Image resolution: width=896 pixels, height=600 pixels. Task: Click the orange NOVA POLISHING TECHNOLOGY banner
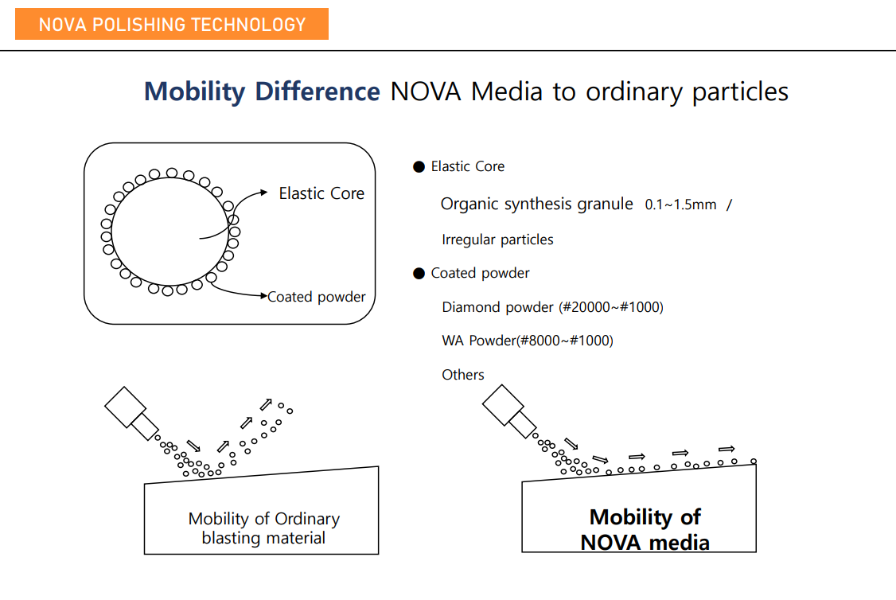coord(172,24)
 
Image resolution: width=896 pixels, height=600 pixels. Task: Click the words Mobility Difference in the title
coord(262,92)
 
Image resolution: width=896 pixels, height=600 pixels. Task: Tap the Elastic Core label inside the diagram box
coord(321,193)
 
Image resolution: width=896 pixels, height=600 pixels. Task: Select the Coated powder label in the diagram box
coord(317,297)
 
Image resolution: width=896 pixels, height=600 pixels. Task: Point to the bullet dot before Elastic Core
coord(419,167)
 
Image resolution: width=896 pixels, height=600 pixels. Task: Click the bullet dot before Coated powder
coord(419,274)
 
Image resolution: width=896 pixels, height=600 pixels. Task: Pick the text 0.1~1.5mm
coord(680,205)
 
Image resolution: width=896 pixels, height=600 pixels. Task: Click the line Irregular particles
coord(497,240)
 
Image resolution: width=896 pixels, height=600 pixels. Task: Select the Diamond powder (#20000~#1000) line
coord(552,307)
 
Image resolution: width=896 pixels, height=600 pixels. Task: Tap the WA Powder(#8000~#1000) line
coord(528,341)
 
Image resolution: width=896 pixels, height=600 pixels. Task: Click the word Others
coord(463,375)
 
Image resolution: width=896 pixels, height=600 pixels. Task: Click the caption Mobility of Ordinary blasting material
coord(263,528)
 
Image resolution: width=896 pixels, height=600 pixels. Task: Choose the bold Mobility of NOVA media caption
coord(645,530)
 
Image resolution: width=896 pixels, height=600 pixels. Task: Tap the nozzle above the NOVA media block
coord(509,412)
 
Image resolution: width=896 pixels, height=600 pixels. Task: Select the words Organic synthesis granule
coord(537,204)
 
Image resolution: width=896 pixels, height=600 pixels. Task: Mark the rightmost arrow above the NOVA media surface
coord(726,449)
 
